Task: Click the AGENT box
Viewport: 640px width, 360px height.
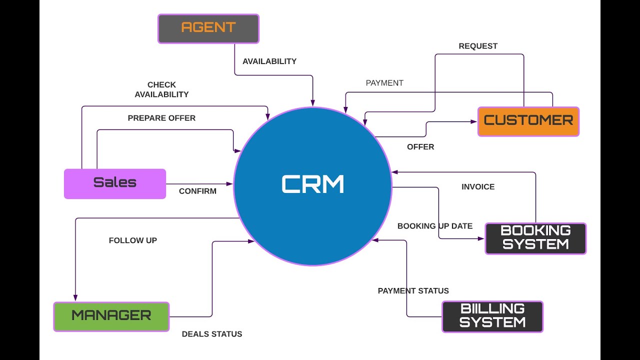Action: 208,28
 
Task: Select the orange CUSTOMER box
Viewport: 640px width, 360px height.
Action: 528,121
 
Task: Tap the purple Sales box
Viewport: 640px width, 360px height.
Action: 115,183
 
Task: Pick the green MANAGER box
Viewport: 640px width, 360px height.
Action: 111,316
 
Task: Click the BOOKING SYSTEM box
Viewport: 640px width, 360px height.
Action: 535,238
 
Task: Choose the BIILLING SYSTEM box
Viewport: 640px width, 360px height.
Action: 492,316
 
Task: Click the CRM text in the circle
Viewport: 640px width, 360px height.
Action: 313,184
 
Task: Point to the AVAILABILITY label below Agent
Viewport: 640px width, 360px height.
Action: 269,61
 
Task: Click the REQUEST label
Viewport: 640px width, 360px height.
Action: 478,46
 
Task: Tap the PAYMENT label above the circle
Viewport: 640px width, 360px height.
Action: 384,83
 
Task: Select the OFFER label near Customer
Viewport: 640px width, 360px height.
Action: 420,147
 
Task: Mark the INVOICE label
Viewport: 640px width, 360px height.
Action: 478,187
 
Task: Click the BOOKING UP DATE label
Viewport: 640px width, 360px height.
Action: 435,226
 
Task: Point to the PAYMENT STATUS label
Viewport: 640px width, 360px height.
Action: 413,291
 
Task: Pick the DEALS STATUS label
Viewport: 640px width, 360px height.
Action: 212,334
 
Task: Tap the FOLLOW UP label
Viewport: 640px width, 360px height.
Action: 133,240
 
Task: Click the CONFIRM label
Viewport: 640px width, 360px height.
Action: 197,191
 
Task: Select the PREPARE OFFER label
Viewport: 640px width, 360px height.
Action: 161,118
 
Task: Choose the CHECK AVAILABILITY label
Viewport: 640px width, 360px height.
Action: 161,89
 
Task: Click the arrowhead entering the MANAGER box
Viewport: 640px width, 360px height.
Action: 75,298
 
